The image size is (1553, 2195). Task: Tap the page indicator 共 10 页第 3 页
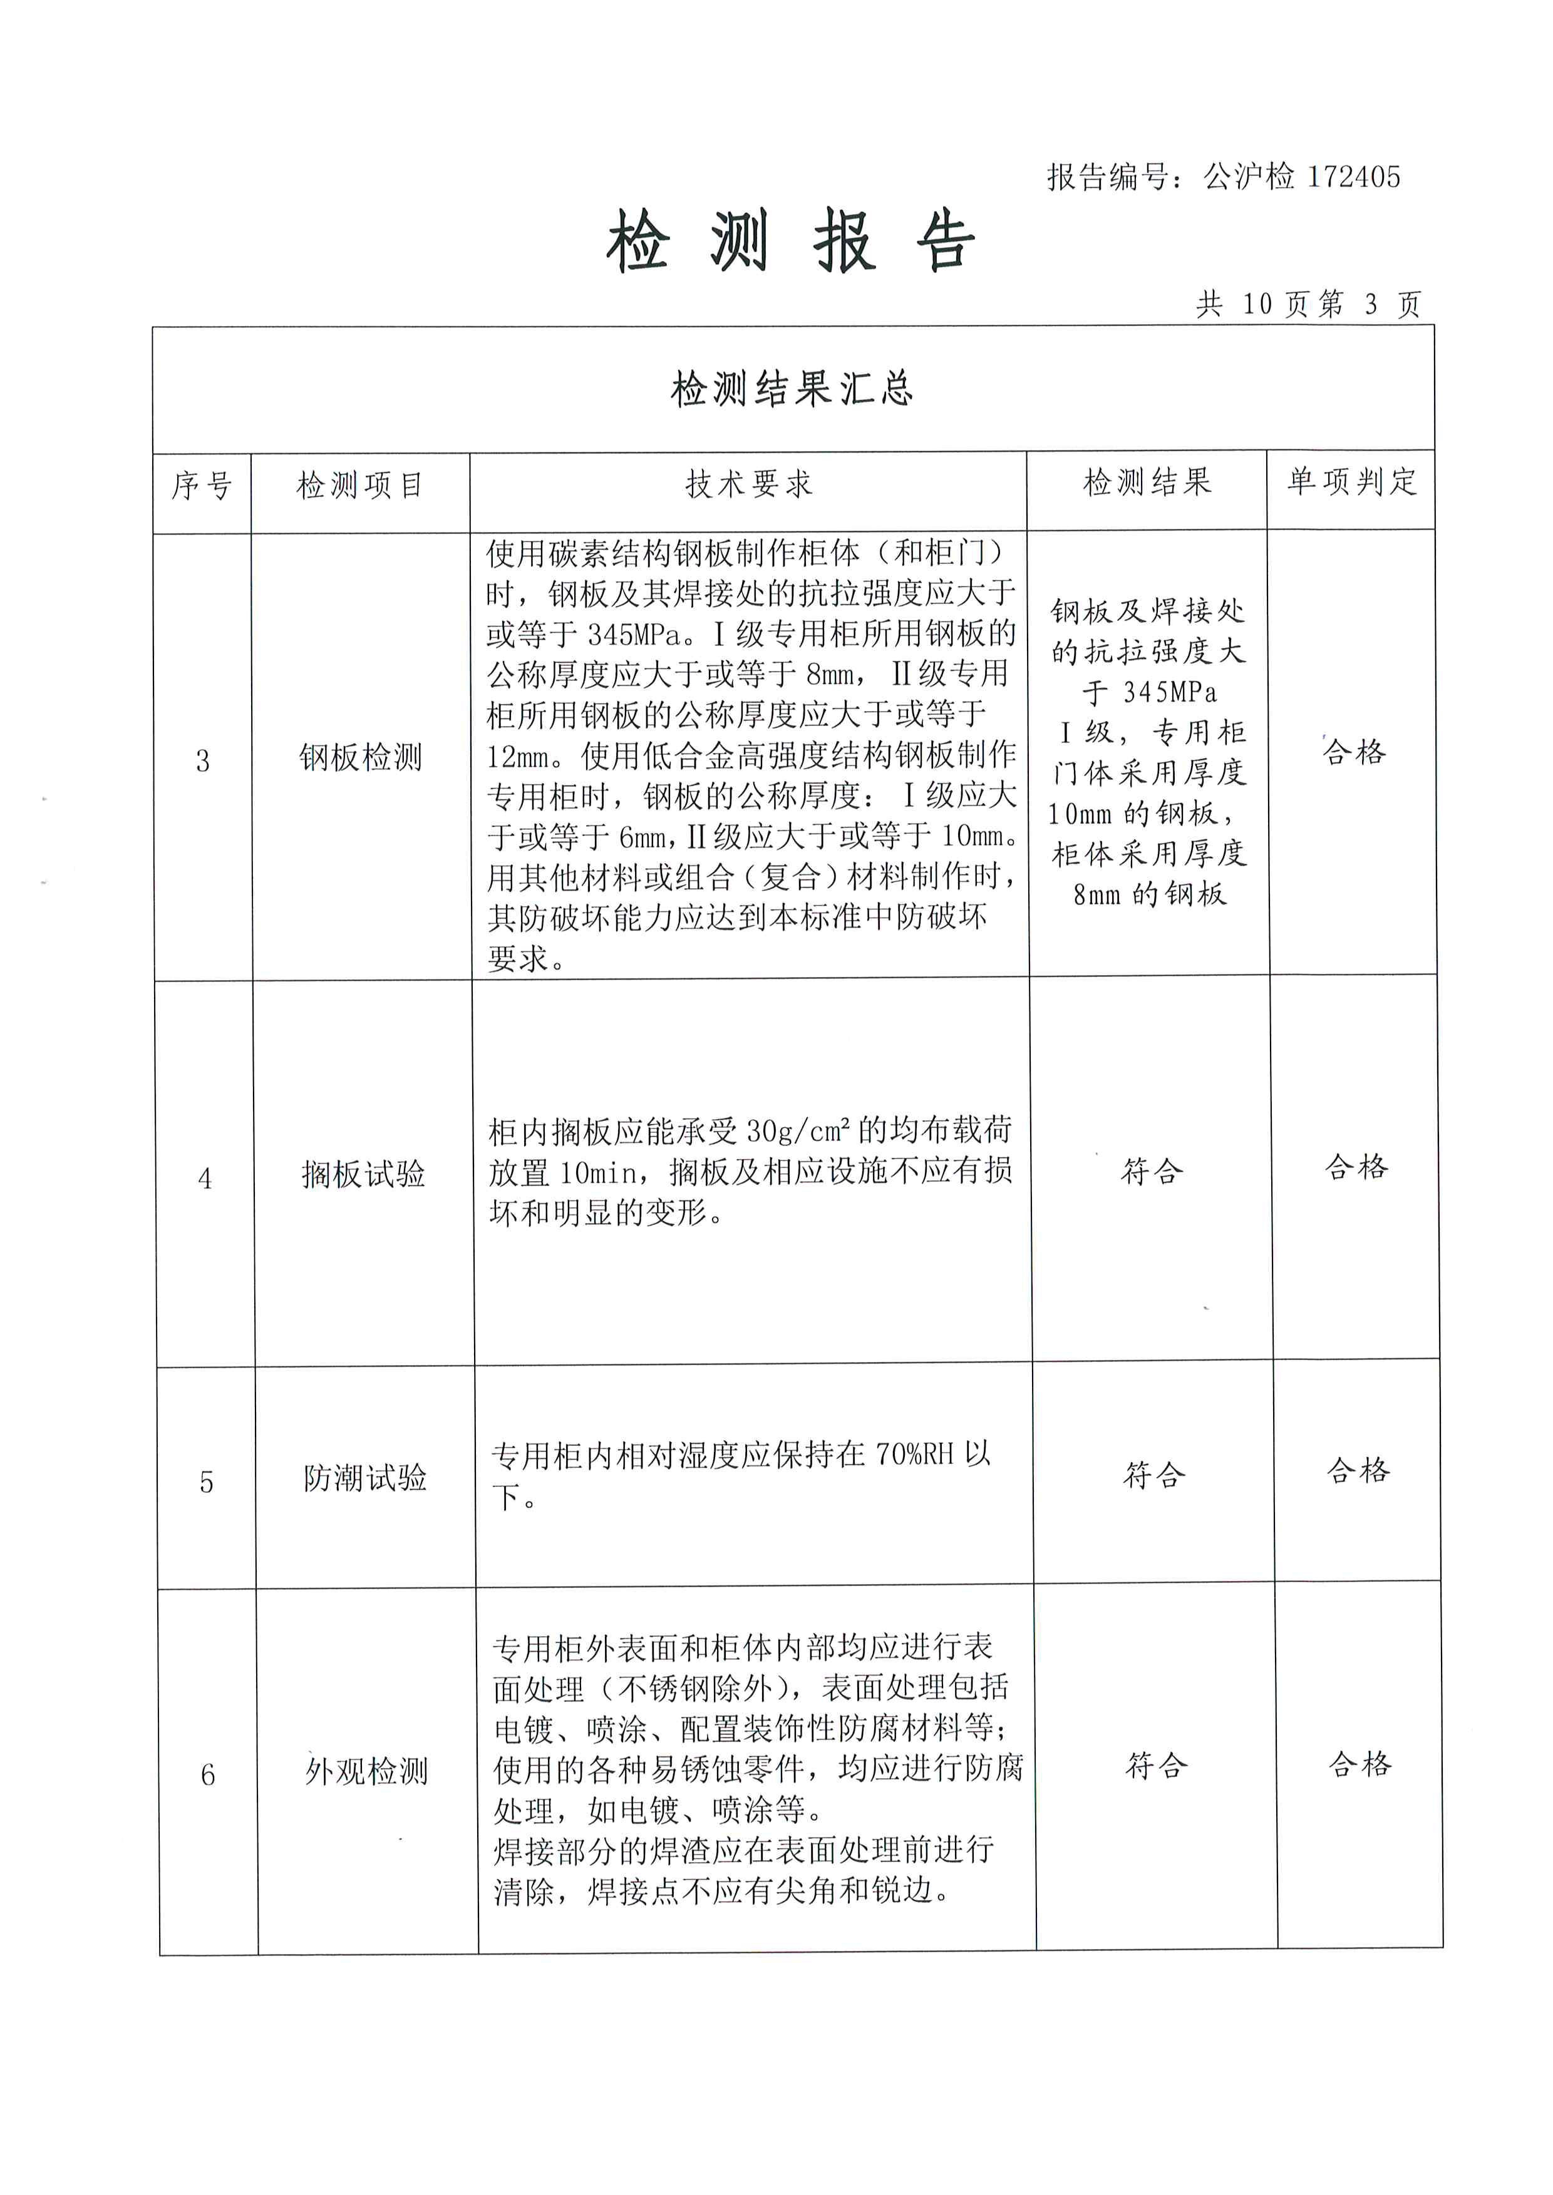tap(1308, 304)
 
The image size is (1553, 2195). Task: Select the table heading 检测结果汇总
tap(792, 389)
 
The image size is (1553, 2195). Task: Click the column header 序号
tap(202, 486)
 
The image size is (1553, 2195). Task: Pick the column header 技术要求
tap(749, 484)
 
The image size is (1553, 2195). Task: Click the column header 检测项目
tap(359, 486)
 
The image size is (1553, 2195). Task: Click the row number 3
tap(203, 761)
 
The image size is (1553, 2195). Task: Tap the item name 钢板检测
tap(361, 758)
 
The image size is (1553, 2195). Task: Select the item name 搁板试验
tap(363, 1174)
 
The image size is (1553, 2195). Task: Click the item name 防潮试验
tap(365, 1478)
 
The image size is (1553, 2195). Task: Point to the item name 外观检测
tap(366, 1771)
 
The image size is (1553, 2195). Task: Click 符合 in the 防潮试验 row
tap(1153, 1475)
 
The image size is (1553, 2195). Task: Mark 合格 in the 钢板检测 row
tap(1353, 752)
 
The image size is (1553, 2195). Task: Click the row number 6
tap(207, 1775)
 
